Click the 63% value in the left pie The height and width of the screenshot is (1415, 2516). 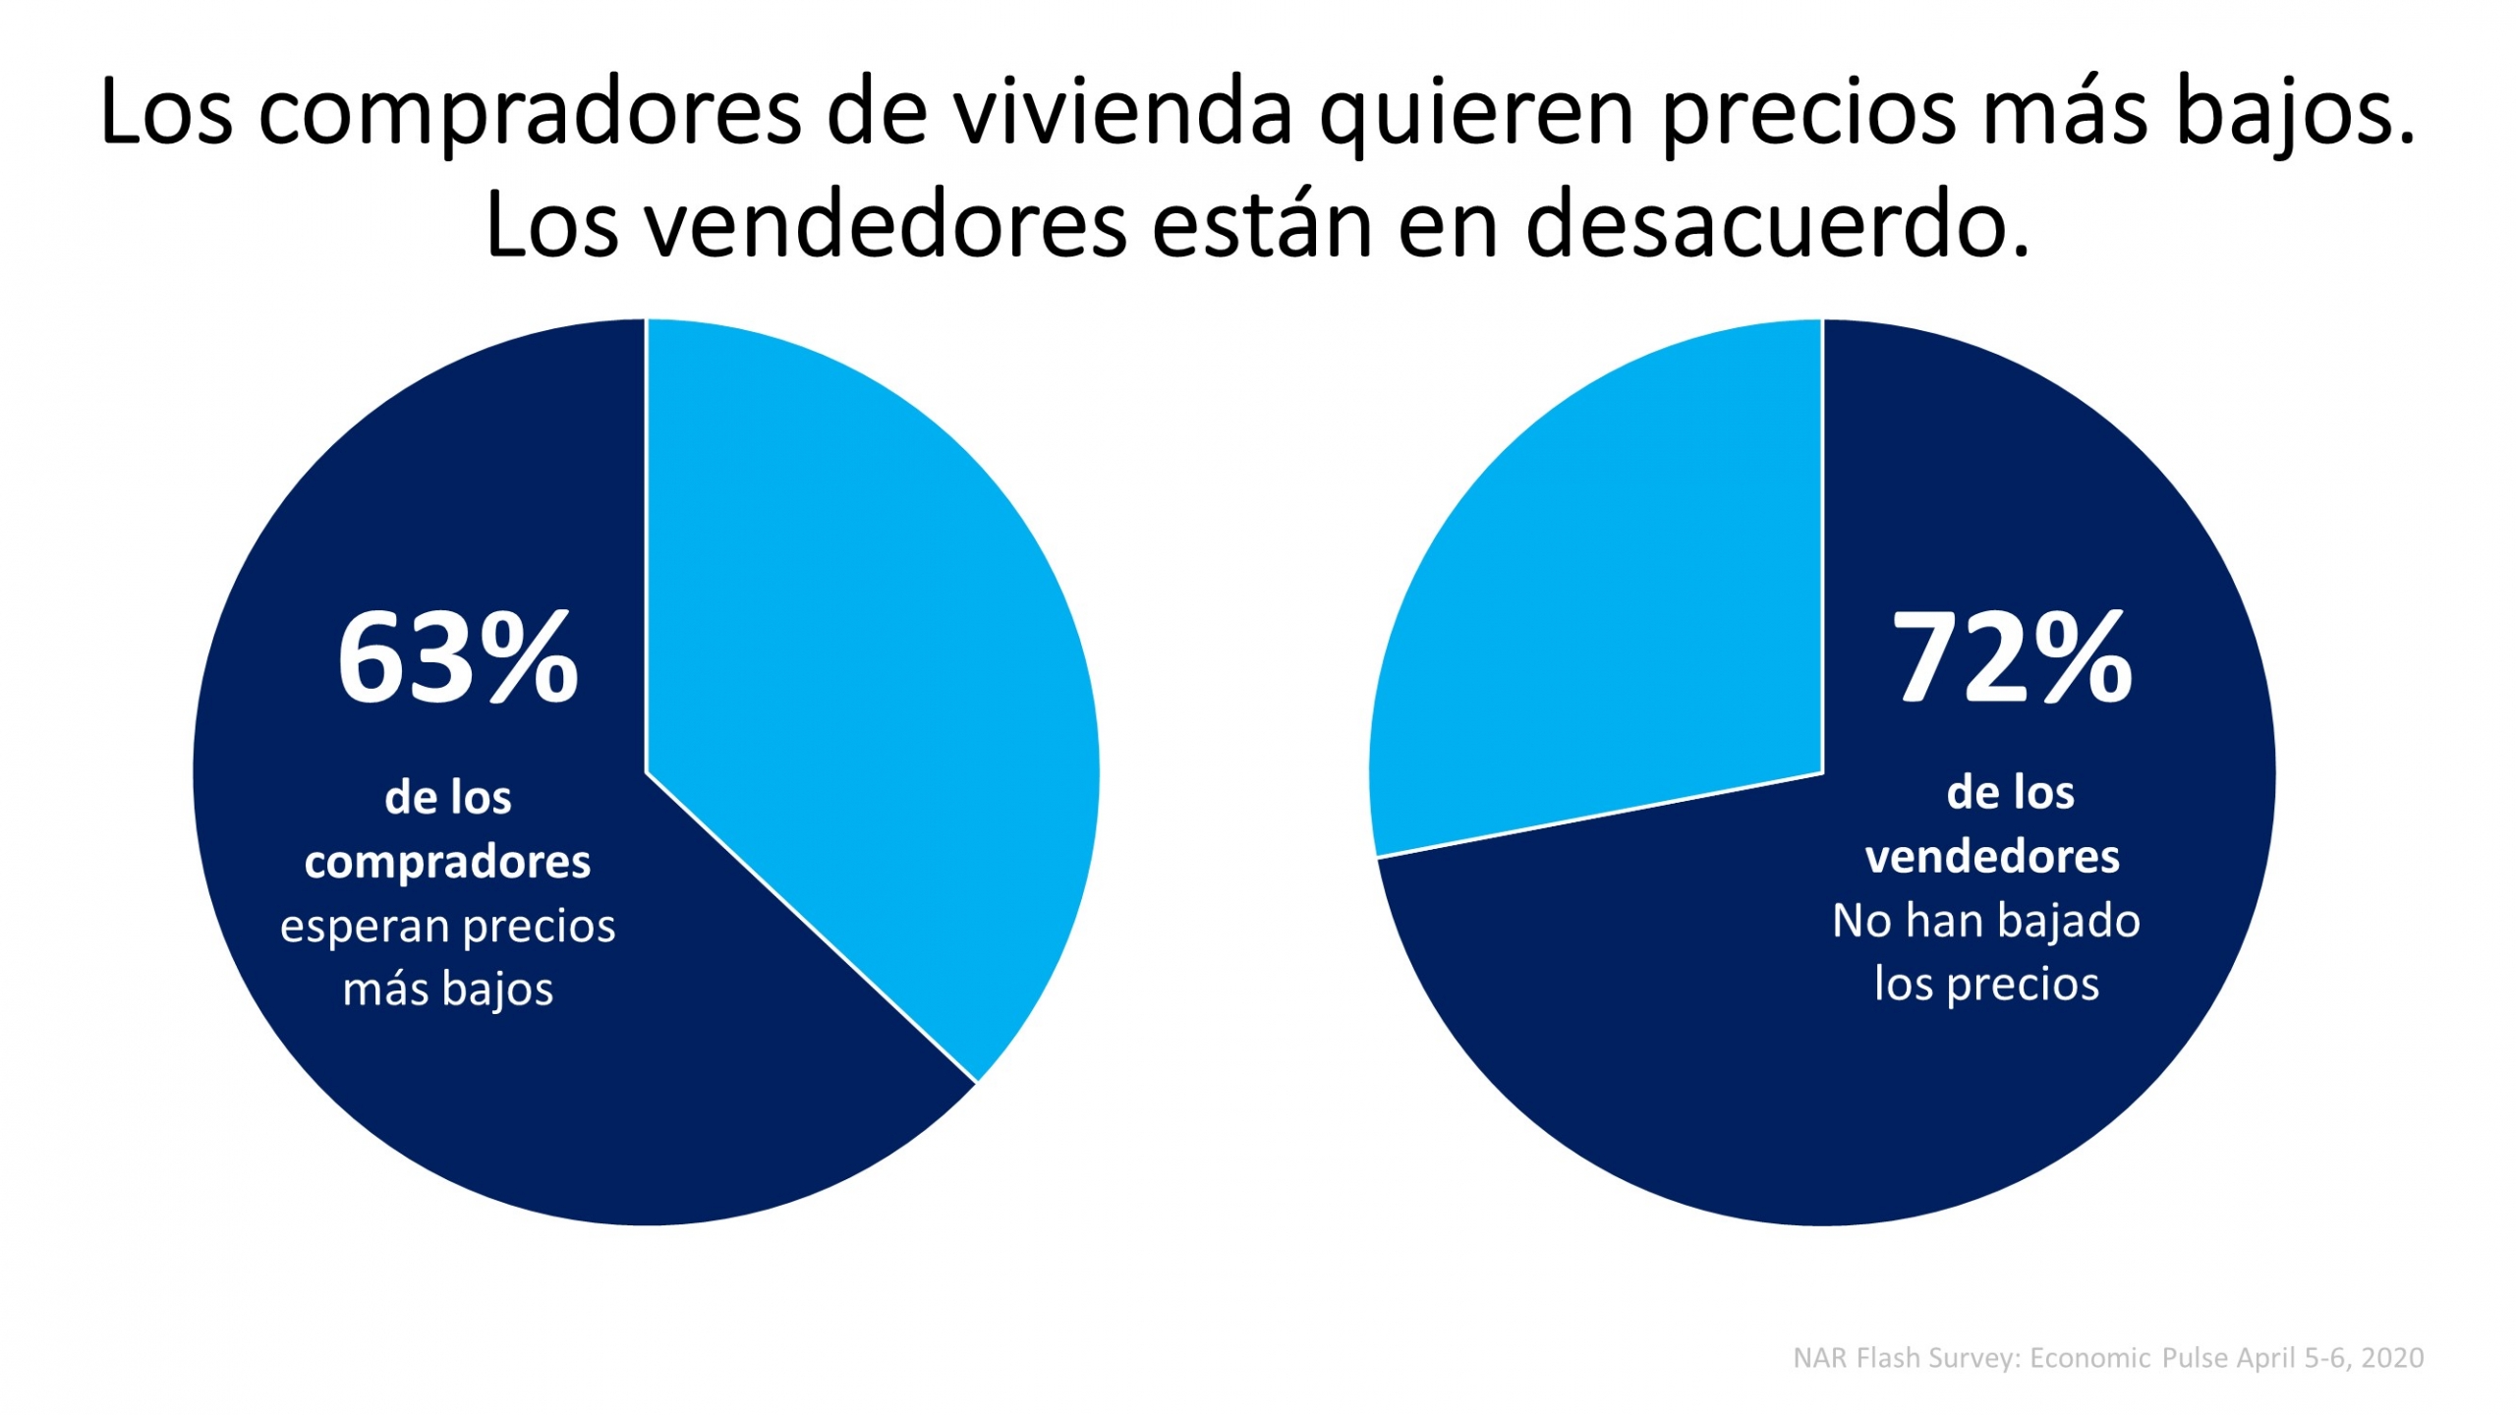pyautogui.click(x=457, y=658)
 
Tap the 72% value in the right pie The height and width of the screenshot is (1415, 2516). pyautogui.click(x=2011, y=658)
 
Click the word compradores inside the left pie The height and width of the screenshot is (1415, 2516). pyautogui.click(x=447, y=862)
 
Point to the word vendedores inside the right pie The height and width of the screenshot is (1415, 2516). pyautogui.click(x=1992, y=857)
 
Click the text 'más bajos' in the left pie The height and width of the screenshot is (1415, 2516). pyautogui.click(x=447, y=988)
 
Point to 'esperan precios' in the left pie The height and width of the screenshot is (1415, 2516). pyautogui.click(x=447, y=926)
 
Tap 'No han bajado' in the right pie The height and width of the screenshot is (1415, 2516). pyautogui.click(x=1986, y=921)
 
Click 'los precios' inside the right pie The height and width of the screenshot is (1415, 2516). pyautogui.click(x=1986, y=984)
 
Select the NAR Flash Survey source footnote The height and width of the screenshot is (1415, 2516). pyautogui.click(x=2108, y=1358)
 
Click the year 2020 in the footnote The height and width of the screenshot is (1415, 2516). pyautogui.click(x=2392, y=1358)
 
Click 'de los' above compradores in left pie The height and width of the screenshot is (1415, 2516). pyautogui.click(x=447, y=797)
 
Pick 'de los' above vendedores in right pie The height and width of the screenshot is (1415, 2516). pyautogui.click(x=2010, y=792)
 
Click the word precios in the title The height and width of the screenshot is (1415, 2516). pyautogui.click(x=1808, y=112)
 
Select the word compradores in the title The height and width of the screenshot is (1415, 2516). pyautogui.click(x=530, y=114)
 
